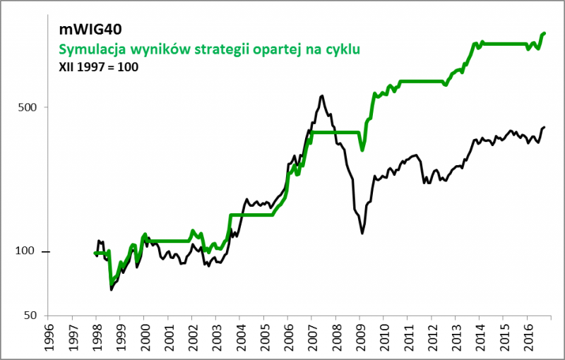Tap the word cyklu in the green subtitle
pyautogui.click(x=344, y=49)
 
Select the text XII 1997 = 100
pyautogui.click(x=98, y=67)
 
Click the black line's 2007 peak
pyautogui.click(x=322, y=96)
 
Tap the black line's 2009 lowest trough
pyautogui.click(x=362, y=233)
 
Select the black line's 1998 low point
pyautogui.click(x=111, y=289)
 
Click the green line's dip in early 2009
pyautogui.click(x=362, y=150)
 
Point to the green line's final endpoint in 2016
pyautogui.click(x=544, y=33)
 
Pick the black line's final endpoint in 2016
pyautogui.click(x=545, y=127)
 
